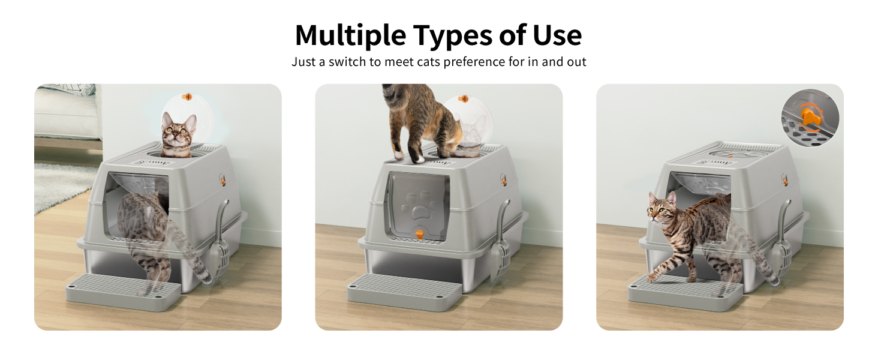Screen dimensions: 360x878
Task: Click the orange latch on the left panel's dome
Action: tap(187, 96)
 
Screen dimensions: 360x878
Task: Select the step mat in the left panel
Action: tap(122, 289)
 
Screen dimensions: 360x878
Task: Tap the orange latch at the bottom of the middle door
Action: tap(419, 234)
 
